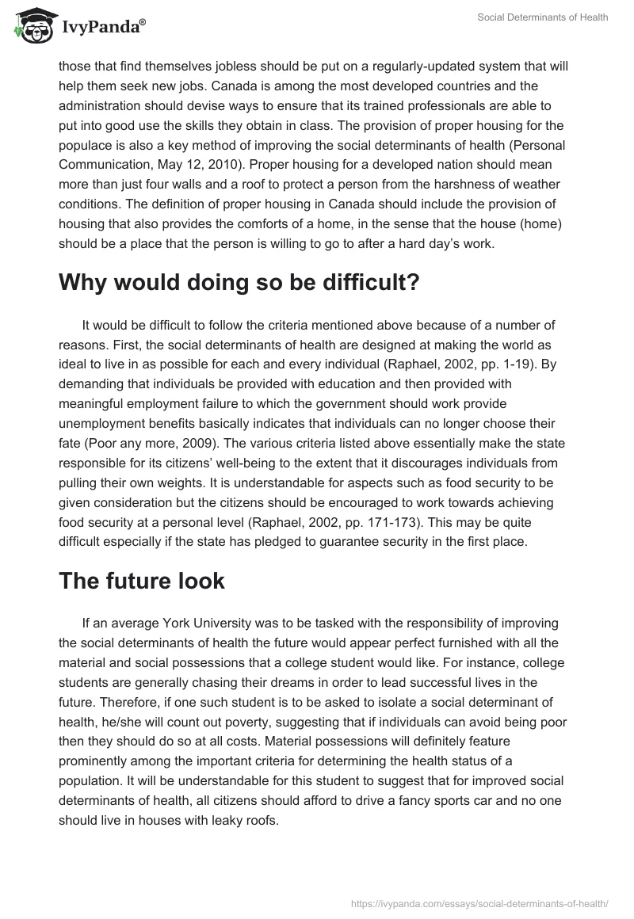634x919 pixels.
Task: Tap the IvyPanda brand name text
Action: click(103, 28)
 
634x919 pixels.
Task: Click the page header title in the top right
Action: click(544, 17)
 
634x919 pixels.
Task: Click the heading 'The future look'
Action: click(142, 581)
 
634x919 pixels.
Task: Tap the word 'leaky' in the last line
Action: click(228, 820)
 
